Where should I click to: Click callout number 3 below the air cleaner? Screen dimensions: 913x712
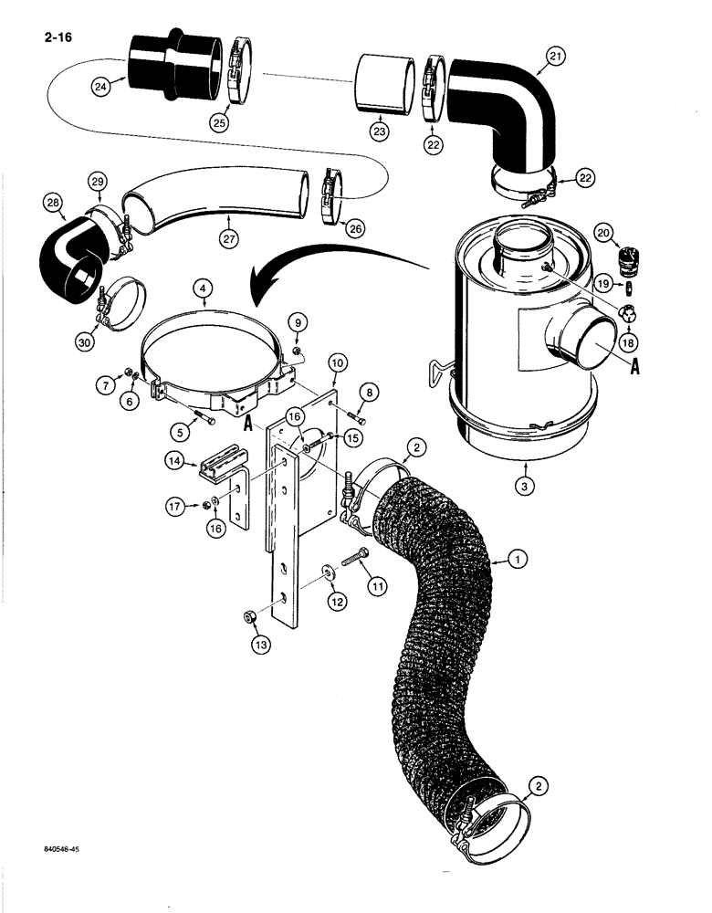tap(525, 487)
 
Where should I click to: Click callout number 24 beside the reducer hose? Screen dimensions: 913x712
tap(101, 87)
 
